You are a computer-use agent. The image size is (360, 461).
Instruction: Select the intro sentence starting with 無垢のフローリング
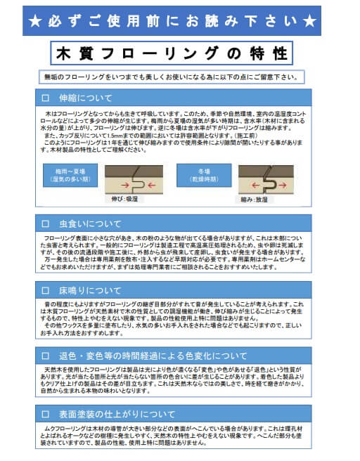(172, 77)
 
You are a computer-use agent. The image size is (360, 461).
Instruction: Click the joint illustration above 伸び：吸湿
(134, 180)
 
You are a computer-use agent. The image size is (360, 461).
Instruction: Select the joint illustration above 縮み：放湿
(266, 180)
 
